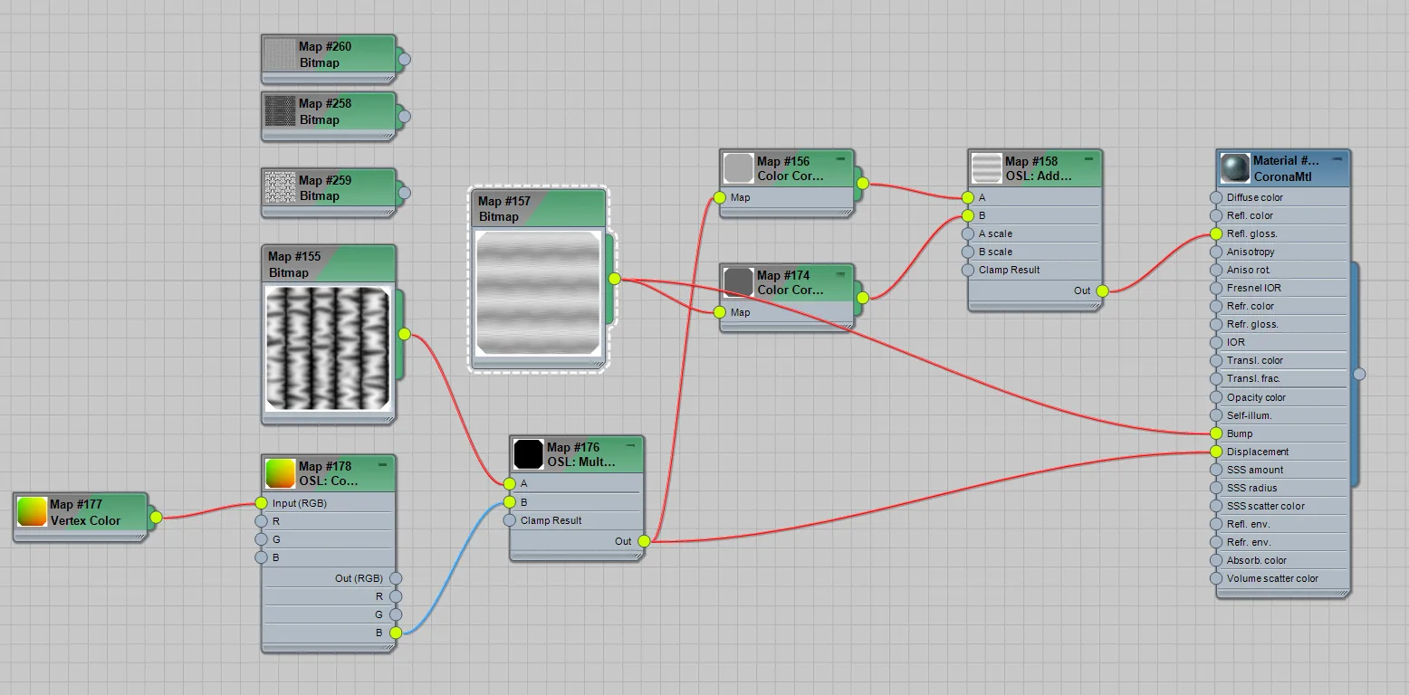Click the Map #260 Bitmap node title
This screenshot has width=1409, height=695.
coord(324,54)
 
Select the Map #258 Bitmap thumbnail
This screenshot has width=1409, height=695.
coord(280,111)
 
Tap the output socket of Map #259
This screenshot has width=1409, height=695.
coord(404,193)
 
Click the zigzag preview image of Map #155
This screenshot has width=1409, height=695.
coord(328,348)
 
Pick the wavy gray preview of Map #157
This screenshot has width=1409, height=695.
coord(539,293)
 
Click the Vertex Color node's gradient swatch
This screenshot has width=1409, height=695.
coord(32,511)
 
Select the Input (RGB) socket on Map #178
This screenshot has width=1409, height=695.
coord(261,503)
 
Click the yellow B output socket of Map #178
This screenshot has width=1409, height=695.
coord(396,633)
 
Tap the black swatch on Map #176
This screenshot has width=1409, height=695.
coord(528,454)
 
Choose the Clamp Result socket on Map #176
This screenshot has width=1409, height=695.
coord(510,520)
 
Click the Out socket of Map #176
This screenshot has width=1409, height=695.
coord(644,541)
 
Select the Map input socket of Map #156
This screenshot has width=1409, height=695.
coord(720,198)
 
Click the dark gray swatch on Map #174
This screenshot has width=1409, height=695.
coord(739,282)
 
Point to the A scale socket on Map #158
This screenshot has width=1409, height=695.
coord(967,233)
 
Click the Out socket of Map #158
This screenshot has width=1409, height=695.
coord(1102,291)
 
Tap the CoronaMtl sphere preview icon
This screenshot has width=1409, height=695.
coord(1235,168)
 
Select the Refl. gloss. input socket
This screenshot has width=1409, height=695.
coord(1216,233)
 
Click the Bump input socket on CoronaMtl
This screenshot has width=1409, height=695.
coord(1216,433)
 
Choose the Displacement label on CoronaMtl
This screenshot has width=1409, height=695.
coord(1258,452)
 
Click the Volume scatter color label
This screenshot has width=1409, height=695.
coord(1272,579)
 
